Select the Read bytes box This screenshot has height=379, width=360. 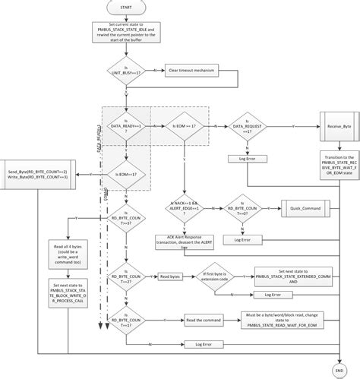coord(170,278)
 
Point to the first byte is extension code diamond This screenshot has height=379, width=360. coord(222,278)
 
